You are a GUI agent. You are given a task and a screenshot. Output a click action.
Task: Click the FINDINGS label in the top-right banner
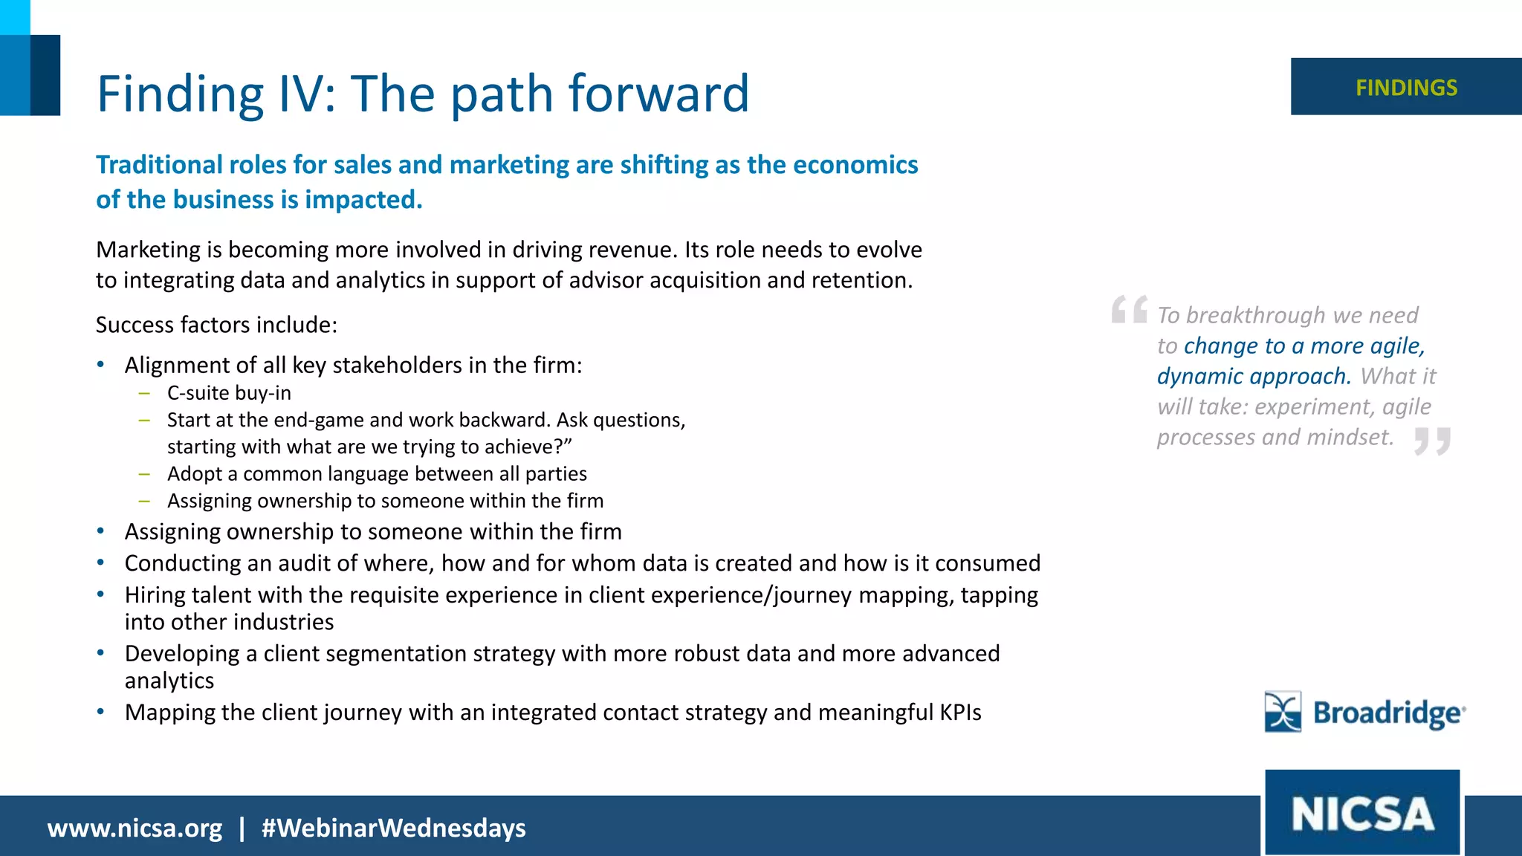(1406, 88)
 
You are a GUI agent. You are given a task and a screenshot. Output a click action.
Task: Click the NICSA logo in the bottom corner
(1362, 813)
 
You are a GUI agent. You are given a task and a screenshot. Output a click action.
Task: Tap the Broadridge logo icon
(1283, 712)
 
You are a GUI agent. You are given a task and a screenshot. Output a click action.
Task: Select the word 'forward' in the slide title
(658, 94)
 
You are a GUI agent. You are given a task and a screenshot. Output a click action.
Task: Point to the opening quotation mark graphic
(1129, 309)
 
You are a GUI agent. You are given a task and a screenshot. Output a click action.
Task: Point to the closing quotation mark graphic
(1432, 441)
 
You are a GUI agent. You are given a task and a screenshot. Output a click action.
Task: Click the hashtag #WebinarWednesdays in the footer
(393, 828)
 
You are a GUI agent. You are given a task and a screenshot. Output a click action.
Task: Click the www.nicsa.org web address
(135, 828)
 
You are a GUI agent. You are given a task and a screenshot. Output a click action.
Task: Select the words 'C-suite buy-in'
(229, 393)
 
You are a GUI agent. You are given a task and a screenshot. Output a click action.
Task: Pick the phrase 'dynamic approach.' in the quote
(1254, 376)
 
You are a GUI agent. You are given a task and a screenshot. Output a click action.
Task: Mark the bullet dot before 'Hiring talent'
(100, 594)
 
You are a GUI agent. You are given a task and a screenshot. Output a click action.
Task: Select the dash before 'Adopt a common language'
(144, 474)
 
